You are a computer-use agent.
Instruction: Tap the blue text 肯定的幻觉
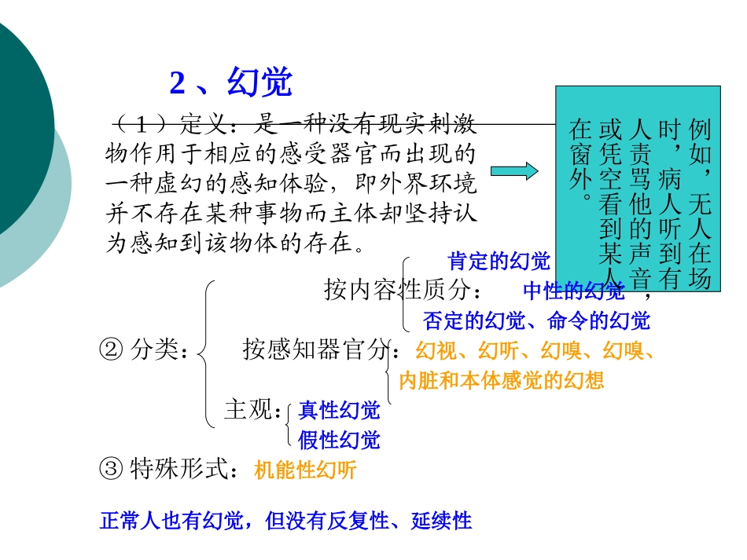pos(499,261)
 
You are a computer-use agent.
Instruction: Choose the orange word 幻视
pos(435,350)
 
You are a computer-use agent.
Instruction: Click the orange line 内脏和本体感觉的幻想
pos(502,381)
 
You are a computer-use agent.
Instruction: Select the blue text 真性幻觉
pos(339,410)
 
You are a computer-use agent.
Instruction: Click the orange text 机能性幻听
pos(305,470)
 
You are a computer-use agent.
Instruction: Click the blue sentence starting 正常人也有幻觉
pos(286,521)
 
